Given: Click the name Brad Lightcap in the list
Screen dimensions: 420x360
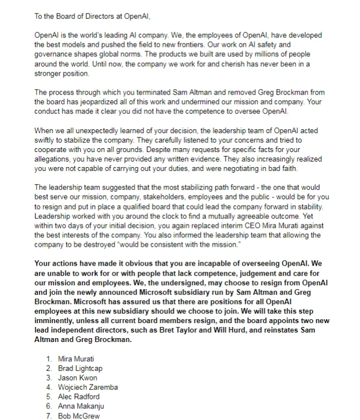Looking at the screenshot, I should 80,368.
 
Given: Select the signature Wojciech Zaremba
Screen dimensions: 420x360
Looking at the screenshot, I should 87,387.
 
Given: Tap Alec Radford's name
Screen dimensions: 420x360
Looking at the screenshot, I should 79,397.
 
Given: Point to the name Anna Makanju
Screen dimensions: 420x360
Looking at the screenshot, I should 81,406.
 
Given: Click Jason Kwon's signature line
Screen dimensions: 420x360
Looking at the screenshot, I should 77,378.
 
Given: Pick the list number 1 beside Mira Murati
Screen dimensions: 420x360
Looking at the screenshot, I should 49,359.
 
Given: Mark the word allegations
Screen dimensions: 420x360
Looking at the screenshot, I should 55,158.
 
